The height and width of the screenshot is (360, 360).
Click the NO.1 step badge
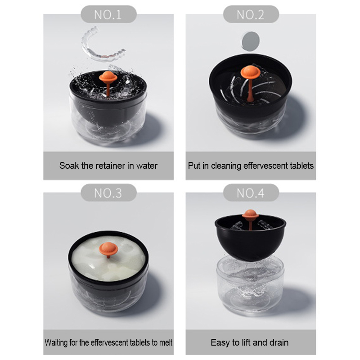(x=108, y=14)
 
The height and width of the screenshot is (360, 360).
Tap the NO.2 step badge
(x=251, y=14)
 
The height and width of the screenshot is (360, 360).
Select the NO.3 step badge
(x=108, y=193)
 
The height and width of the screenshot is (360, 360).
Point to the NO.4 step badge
(x=251, y=193)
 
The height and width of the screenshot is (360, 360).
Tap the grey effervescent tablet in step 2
(x=251, y=41)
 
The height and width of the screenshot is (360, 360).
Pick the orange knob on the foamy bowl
(x=108, y=250)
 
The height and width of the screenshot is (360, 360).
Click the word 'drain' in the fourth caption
(x=279, y=342)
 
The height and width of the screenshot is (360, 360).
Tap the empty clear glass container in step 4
(x=250, y=285)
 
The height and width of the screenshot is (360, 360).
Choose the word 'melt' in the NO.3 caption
(x=166, y=342)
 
